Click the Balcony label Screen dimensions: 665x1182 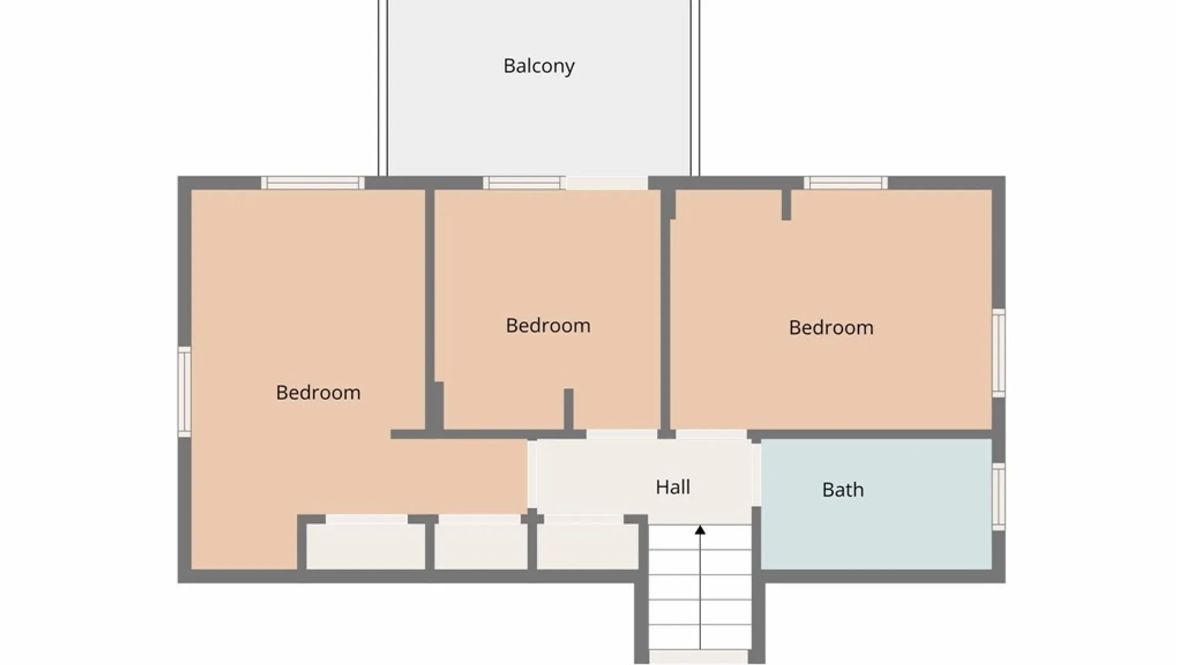[x=539, y=66]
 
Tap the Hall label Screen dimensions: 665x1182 [x=672, y=487]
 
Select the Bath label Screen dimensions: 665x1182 [x=843, y=490]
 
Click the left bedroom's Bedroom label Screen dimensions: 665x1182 [x=318, y=392]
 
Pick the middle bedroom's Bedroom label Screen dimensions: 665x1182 [x=548, y=325]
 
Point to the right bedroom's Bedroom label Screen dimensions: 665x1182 [x=830, y=327]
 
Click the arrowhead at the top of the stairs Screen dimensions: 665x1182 [x=700, y=530]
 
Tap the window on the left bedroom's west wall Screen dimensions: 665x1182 [x=185, y=392]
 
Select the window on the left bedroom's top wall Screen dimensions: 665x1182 [x=313, y=182]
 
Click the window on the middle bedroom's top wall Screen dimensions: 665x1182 [x=522, y=182]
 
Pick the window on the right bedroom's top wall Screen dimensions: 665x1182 [x=845, y=182]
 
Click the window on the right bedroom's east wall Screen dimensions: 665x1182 [x=999, y=353]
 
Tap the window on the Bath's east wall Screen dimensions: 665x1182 [x=999, y=496]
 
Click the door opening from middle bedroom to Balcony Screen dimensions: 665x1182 [x=606, y=183]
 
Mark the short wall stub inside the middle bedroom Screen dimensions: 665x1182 [x=569, y=409]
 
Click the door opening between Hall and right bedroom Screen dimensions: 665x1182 [x=711, y=434]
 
